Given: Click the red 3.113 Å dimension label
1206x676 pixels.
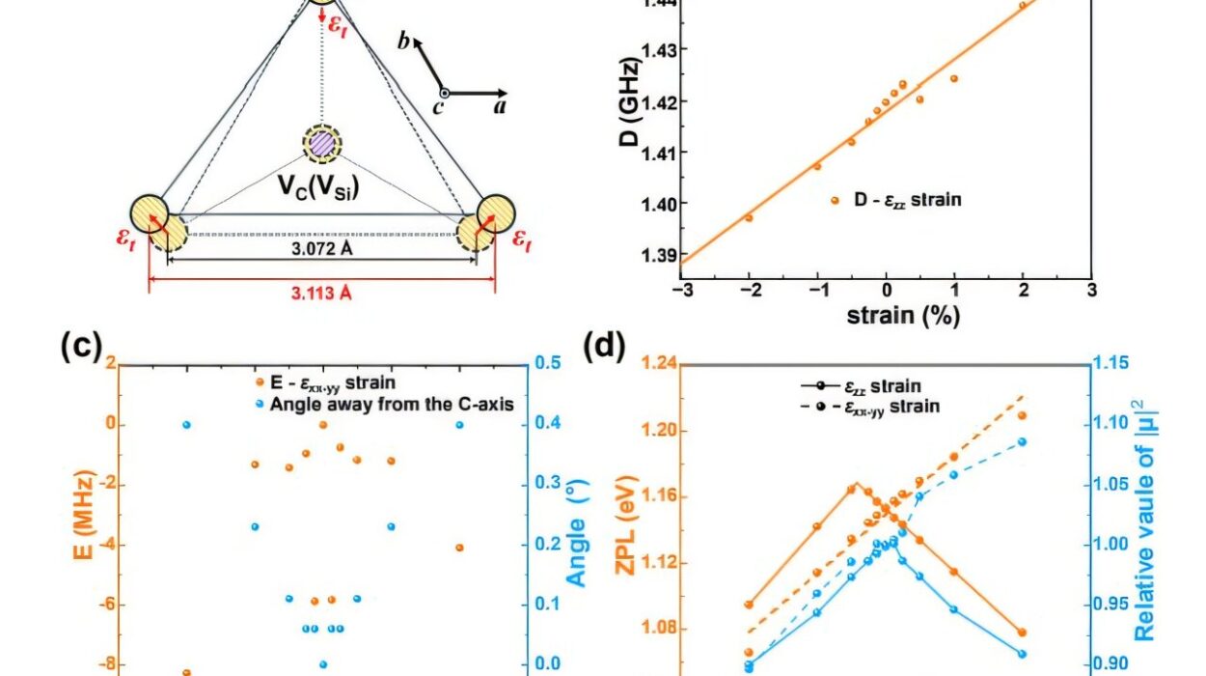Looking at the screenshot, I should pos(322,295).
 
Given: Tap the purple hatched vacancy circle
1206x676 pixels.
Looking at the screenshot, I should pos(321,144).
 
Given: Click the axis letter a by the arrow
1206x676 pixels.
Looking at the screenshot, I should pos(500,106).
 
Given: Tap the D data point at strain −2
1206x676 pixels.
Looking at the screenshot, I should pos(749,217).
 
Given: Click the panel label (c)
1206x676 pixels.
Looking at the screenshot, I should pos(81,345).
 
